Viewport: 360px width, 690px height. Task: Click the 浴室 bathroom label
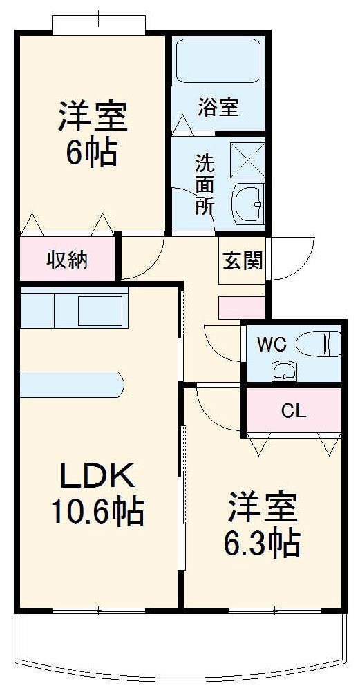218,108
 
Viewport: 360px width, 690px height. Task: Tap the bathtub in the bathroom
218,62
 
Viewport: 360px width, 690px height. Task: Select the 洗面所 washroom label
204,184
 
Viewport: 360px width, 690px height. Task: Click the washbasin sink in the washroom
249,203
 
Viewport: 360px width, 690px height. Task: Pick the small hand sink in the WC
284,370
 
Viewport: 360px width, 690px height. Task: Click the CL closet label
293,411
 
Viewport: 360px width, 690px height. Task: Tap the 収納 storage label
67,260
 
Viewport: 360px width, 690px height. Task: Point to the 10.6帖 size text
96,512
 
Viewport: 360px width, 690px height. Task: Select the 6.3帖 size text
262,544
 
